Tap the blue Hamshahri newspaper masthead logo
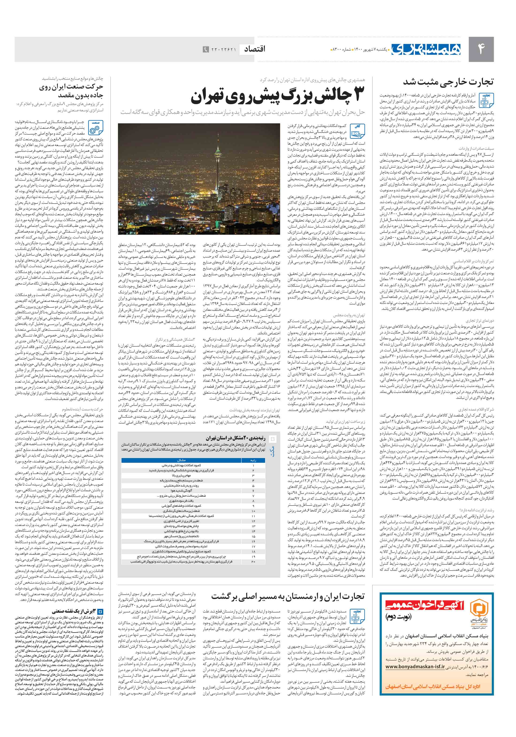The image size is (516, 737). pos(426,49)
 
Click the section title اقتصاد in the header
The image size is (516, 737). pos(255,49)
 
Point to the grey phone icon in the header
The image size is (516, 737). pos(205,50)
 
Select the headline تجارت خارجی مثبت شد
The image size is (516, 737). pos(448,82)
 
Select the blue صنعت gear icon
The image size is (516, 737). pos(95,128)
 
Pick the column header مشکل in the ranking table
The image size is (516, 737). pos(181,460)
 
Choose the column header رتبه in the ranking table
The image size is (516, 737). pos(253,460)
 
